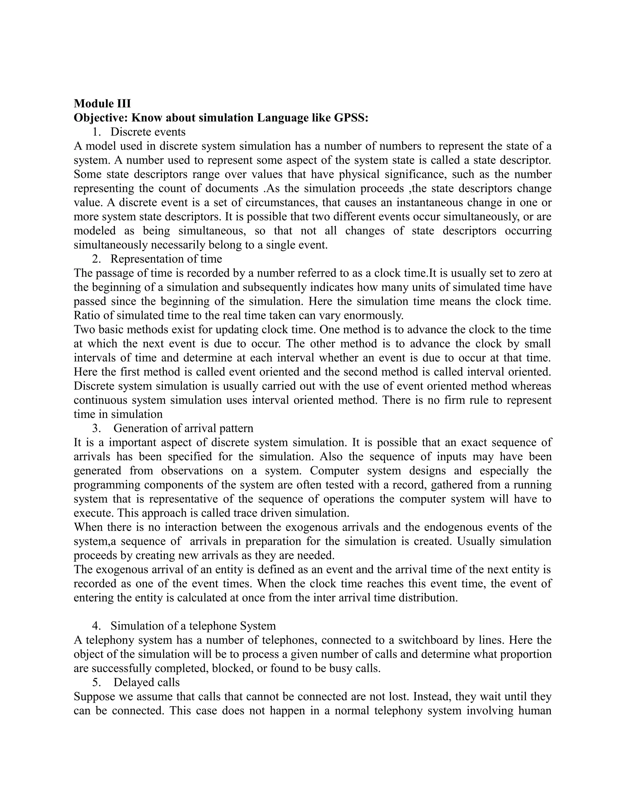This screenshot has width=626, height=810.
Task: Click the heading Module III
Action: pos(102,103)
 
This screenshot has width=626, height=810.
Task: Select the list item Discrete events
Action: pos(148,132)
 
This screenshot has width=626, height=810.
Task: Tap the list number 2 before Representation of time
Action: pos(96,259)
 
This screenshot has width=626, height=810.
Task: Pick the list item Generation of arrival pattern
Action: pos(183,428)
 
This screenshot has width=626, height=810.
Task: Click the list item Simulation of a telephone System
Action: pos(193,626)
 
